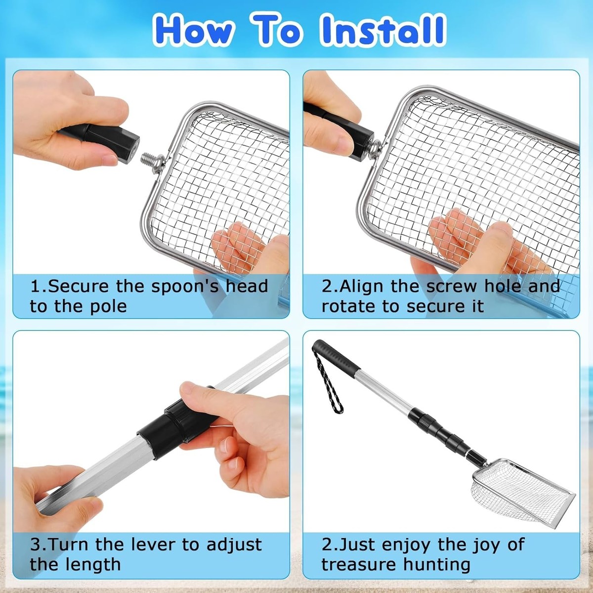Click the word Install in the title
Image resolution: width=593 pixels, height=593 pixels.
(382, 30)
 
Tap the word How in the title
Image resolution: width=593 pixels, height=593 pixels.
(194, 31)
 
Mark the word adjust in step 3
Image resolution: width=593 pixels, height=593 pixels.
(234, 545)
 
